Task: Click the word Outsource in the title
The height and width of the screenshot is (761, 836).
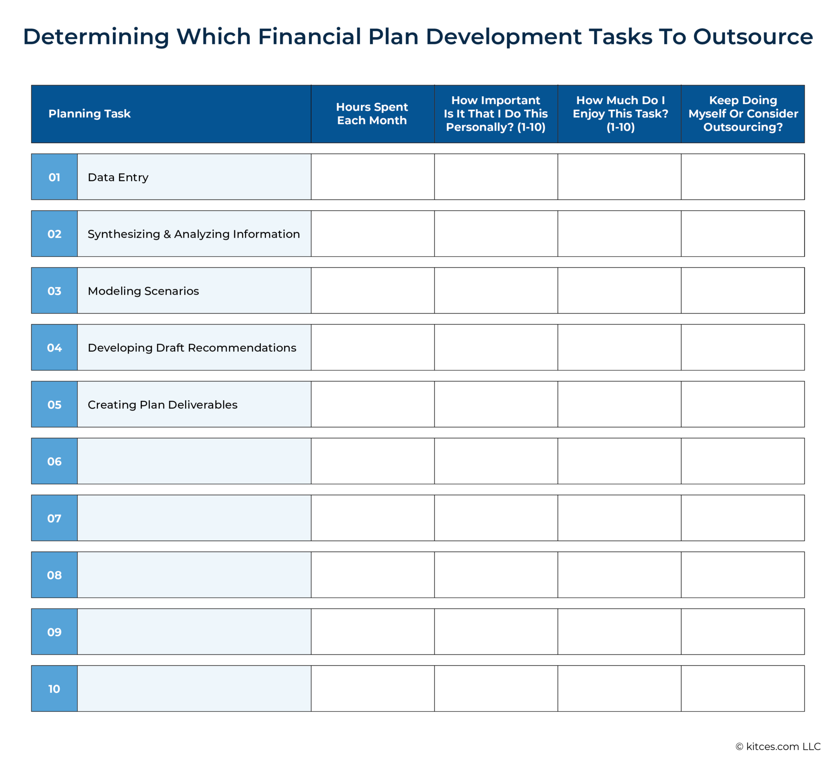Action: [x=753, y=37]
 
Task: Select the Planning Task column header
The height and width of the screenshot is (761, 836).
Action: [x=89, y=114]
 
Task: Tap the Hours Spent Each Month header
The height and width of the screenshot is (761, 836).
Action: [x=372, y=114]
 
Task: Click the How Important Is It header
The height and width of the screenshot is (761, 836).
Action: [x=496, y=114]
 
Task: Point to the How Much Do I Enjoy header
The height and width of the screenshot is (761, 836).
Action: [x=620, y=114]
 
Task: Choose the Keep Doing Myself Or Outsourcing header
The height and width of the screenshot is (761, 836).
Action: [x=743, y=114]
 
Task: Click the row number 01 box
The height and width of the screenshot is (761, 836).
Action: [x=54, y=177]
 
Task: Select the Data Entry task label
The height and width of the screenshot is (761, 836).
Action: [x=118, y=177]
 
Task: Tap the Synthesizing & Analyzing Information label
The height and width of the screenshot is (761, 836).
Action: [x=194, y=234]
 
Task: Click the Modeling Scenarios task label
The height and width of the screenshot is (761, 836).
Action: [x=143, y=291]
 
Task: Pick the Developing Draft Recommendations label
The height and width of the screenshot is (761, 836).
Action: [x=192, y=348]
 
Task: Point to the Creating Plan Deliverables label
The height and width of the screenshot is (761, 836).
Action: [x=163, y=405]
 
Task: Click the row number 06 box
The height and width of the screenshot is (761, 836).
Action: [x=54, y=461]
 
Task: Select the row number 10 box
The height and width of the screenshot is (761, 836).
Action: [x=54, y=689]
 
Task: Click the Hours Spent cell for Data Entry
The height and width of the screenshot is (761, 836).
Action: [x=372, y=177]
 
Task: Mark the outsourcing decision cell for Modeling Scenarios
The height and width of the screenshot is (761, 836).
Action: [x=743, y=291]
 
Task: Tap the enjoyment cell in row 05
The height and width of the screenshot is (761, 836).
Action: [x=619, y=404]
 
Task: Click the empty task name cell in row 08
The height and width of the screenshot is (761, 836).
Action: [x=194, y=575]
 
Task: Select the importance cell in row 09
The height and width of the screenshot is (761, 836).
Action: [x=496, y=632]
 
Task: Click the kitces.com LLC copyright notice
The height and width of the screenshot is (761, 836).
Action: [x=778, y=746]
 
